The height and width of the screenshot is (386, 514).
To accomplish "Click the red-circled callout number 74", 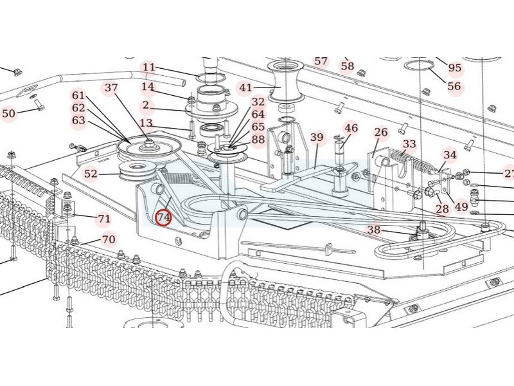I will [164, 217].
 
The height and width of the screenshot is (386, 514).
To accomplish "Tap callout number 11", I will [149, 67].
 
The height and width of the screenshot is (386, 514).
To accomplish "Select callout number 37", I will [112, 87].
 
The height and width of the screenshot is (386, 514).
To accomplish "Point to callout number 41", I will [246, 87].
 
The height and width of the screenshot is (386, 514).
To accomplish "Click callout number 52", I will [91, 173].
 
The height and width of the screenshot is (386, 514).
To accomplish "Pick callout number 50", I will [8, 114].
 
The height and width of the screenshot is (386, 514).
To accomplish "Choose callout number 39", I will [317, 137].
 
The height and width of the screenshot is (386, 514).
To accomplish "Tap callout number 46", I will [351, 128].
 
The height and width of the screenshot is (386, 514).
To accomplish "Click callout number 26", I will [381, 133].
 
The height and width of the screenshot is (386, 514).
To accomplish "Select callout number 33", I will [409, 144].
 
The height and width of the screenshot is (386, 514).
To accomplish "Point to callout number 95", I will [455, 68].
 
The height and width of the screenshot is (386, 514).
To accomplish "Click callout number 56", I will [454, 86].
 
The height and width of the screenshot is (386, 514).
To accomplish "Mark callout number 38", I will [374, 230].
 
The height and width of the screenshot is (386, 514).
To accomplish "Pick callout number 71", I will [104, 219].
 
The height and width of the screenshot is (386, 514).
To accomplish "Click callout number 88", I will [258, 140].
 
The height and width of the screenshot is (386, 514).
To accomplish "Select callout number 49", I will [461, 207].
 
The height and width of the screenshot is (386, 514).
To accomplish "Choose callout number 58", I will [348, 66].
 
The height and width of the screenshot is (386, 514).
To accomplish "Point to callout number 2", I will [146, 105].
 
